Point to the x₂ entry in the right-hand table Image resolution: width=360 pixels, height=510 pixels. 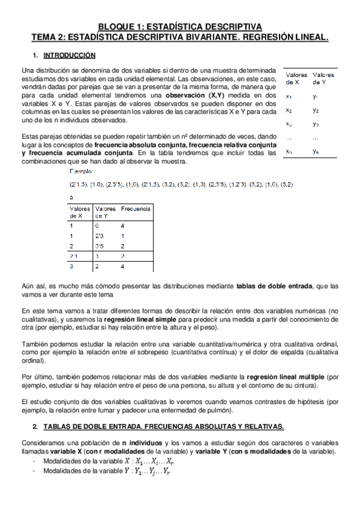tap(289, 111)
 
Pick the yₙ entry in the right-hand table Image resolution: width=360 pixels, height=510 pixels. tap(316, 152)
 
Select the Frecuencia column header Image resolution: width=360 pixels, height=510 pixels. tap(136, 209)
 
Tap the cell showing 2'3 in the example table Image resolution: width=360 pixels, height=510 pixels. tap(100, 236)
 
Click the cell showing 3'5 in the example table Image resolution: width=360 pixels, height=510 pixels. tap(100, 246)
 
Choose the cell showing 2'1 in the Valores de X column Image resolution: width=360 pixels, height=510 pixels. tap(74, 256)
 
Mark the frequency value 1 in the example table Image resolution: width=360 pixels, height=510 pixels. tap(122, 236)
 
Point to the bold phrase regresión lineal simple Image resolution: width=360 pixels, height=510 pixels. tap(140, 319)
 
